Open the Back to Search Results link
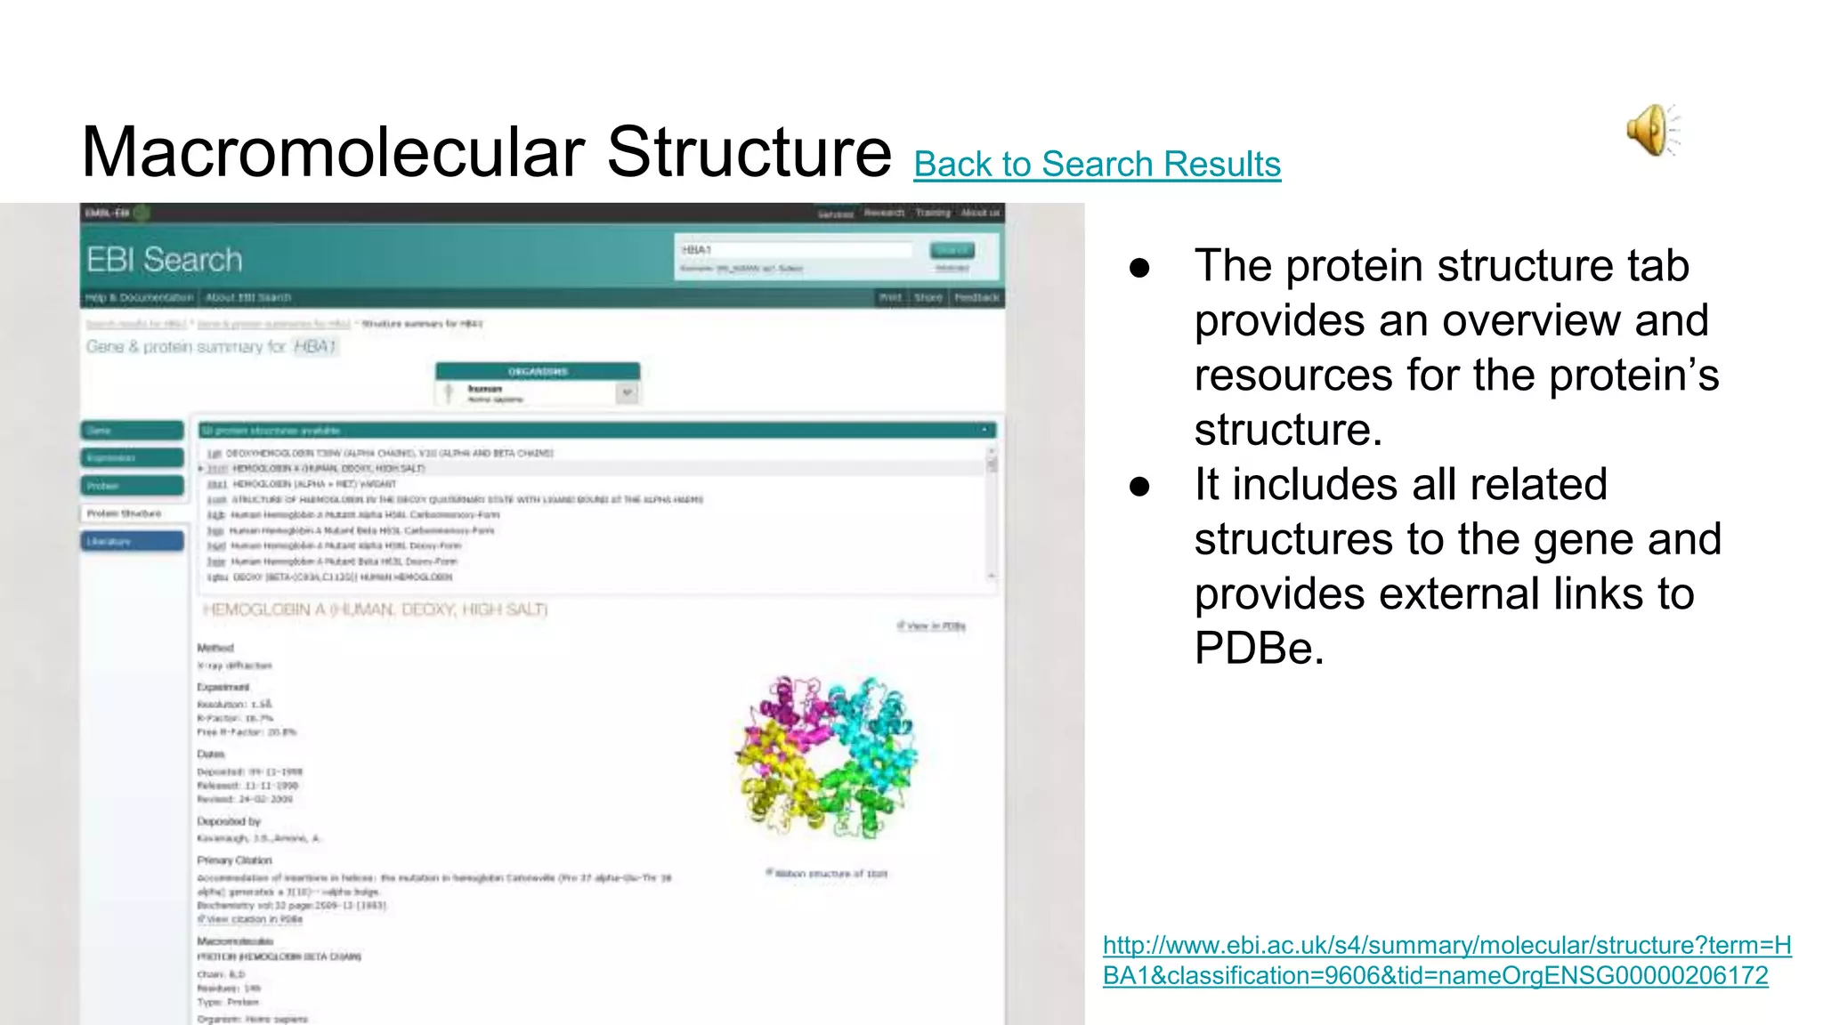tap(1097, 165)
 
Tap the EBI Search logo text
tap(165, 260)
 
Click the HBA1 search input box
tap(795, 250)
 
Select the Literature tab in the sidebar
tap(132, 541)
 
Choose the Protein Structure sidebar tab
tap(132, 513)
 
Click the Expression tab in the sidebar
tap(132, 457)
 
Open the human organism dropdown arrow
tap(628, 392)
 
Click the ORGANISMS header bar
tap(538, 371)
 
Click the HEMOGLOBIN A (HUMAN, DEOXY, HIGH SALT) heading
tap(375, 609)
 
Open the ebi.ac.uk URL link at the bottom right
tap(1446, 960)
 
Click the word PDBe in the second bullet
tap(1259, 648)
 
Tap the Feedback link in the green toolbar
tap(976, 297)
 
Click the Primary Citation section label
tap(234, 860)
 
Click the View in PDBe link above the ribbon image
tap(933, 626)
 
